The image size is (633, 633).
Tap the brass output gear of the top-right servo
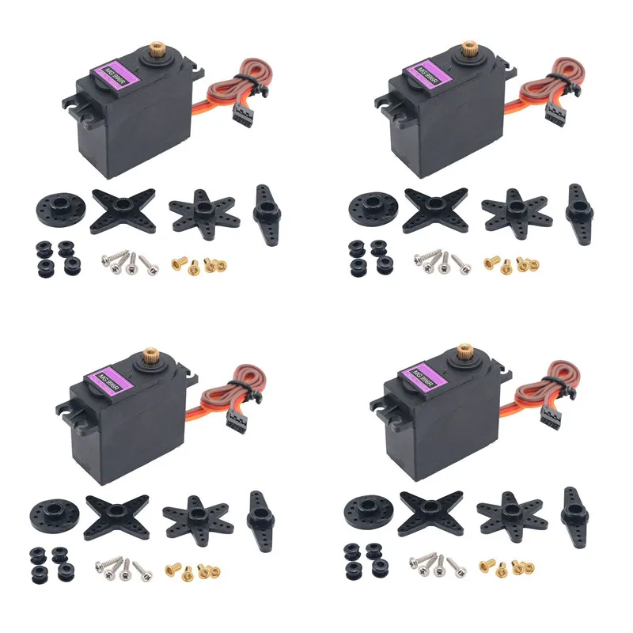[469, 49]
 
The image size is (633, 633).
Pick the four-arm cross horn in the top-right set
[434, 209]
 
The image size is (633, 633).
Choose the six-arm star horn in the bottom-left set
[198, 515]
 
